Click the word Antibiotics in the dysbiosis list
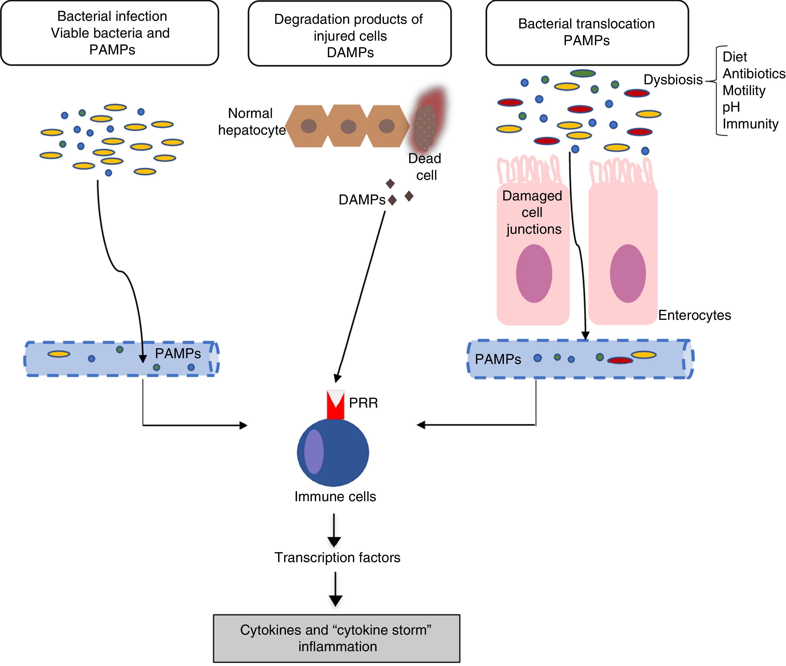point(754,73)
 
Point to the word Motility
point(744,91)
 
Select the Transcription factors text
point(337,558)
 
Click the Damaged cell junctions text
point(533,212)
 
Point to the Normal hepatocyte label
point(251,122)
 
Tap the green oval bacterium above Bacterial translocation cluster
point(583,73)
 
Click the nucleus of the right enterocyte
point(628,273)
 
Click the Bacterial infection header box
point(109,33)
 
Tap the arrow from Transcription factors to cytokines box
point(335,589)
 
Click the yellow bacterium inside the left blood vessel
point(58,354)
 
